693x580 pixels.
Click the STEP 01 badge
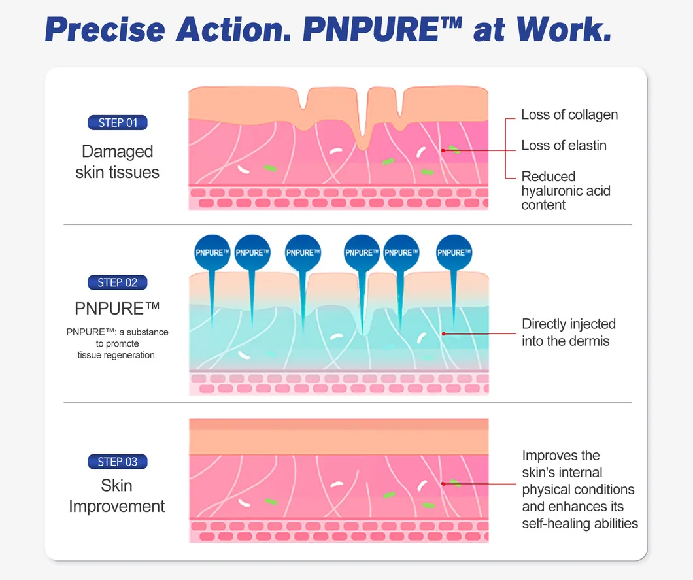click(x=118, y=122)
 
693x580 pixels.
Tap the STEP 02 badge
click(x=118, y=282)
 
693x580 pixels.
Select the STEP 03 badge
click(x=118, y=462)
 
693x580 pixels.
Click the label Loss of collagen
click(x=569, y=115)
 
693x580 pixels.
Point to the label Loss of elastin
click(x=564, y=145)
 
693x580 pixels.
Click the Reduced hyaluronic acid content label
click(x=566, y=190)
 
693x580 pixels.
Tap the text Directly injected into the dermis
click(x=568, y=332)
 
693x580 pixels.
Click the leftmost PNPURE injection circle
click(x=212, y=252)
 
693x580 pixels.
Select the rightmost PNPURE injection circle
click(x=454, y=252)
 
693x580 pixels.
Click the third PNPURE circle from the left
click(x=303, y=252)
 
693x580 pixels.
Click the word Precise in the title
click(x=105, y=29)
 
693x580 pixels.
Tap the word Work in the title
click(x=564, y=29)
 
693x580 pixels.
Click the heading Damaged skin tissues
click(x=117, y=162)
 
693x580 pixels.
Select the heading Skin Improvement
click(x=116, y=496)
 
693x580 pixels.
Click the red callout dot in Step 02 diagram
click(x=443, y=333)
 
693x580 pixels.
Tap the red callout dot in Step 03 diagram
click(x=443, y=484)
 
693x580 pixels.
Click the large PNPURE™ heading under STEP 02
click(x=117, y=309)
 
